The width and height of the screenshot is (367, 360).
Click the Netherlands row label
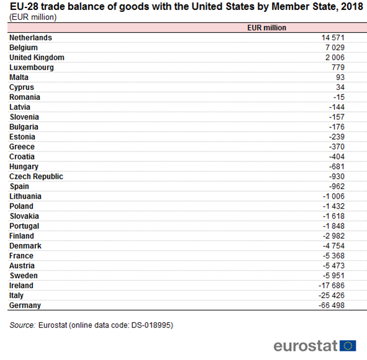tap(30, 38)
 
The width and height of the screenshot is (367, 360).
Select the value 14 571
tap(333, 38)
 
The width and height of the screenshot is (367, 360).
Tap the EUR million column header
tap(266, 28)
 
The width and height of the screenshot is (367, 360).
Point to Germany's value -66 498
tap(332, 305)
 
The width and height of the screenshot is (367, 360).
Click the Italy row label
tap(16, 295)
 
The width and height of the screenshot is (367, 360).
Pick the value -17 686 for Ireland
tap(332, 286)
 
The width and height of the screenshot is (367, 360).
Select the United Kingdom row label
tap(37, 58)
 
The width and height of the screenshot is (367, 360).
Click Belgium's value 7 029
tap(335, 48)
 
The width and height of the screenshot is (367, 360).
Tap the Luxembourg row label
tap(32, 68)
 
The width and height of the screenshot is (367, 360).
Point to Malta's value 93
tap(340, 78)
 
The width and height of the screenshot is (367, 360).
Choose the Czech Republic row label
tap(36, 177)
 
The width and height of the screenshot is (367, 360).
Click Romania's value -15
tap(339, 97)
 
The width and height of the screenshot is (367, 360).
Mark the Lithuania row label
tap(25, 196)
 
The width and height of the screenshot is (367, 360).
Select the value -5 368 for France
tap(333, 256)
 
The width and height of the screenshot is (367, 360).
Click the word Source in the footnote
tap(22, 325)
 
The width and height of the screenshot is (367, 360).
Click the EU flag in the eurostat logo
tap(348, 346)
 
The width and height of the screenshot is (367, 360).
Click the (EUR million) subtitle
tap(33, 17)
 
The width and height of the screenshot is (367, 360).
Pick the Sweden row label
tap(24, 276)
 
